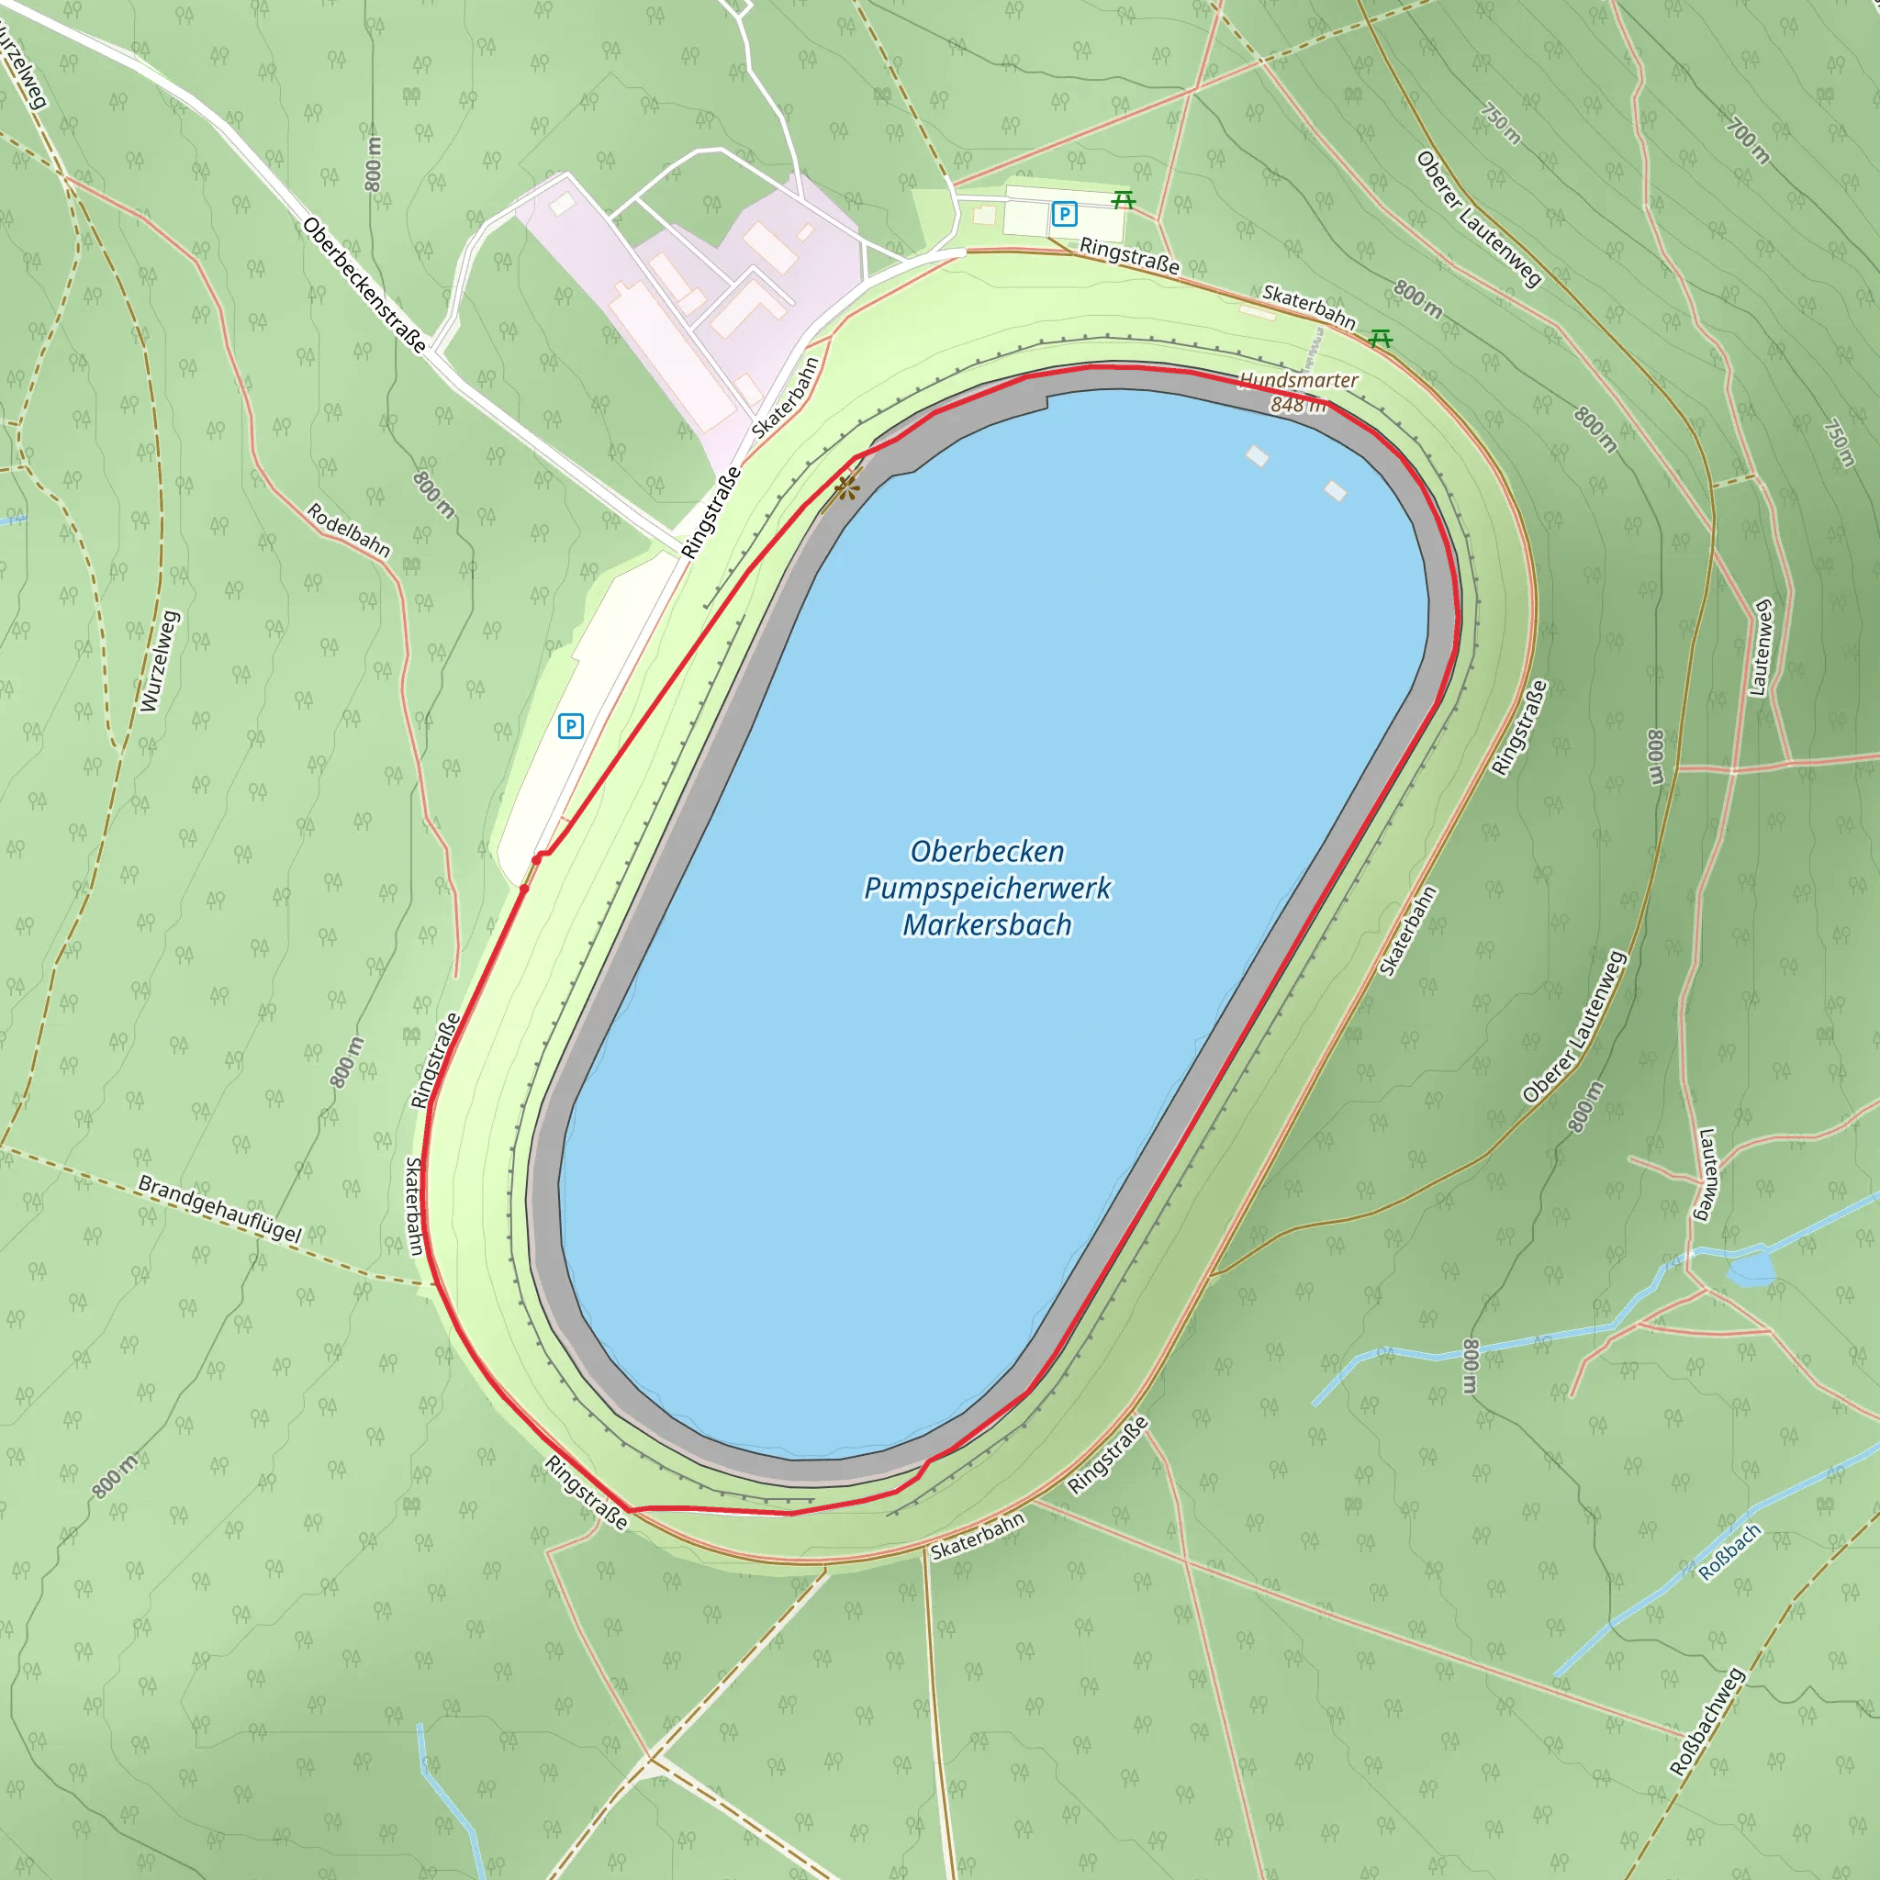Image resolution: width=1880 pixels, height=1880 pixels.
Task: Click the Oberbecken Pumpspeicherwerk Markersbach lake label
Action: pyautogui.click(x=987, y=888)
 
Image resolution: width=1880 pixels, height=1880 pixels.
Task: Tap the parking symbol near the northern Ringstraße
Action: pyautogui.click(x=1064, y=213)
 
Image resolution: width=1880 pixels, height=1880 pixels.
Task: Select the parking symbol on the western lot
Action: pyautogui.click(x=570, y=726)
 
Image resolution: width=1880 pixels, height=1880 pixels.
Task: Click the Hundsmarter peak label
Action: pyautogui.click(x=1298, y=380)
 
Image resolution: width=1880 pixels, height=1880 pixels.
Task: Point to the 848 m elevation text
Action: pyautogui.click(x=1298, y=405)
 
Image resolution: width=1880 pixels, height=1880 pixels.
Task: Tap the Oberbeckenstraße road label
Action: pyautogui.click(x=364, y=285)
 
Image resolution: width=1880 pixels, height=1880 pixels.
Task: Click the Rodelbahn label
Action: pyautogui.click(x=348, y=531)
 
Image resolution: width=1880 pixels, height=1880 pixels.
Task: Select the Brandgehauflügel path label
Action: pyautogui.click(x=220, y=1210)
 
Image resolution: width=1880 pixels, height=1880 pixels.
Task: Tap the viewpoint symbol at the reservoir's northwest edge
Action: pyautogui.click(x=846, y=487)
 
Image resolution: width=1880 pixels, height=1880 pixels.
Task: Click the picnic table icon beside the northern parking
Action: pyautogui.click(x=1124, y=200)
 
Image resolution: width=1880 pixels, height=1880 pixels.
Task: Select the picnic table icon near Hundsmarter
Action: pyautogui.click(x=1380, y=339)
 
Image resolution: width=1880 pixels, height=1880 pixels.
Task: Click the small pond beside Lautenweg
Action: pyautogui.click(x=1751, y=1270)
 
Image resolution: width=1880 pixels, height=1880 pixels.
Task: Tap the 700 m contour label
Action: pyautogui.click(x=1748, y=140)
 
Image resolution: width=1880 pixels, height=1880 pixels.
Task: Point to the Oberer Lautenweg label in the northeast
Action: pyautogui.click(x=1478, y=220)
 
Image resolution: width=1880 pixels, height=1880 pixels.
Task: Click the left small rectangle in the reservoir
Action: pyautogui.click(x=1258, y=455)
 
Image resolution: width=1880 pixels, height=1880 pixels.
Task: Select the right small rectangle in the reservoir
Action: pyautogui.click(x=1335, y=491)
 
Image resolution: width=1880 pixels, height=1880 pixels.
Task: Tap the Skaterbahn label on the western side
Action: pyautogui.click(x=415, y=1206)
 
